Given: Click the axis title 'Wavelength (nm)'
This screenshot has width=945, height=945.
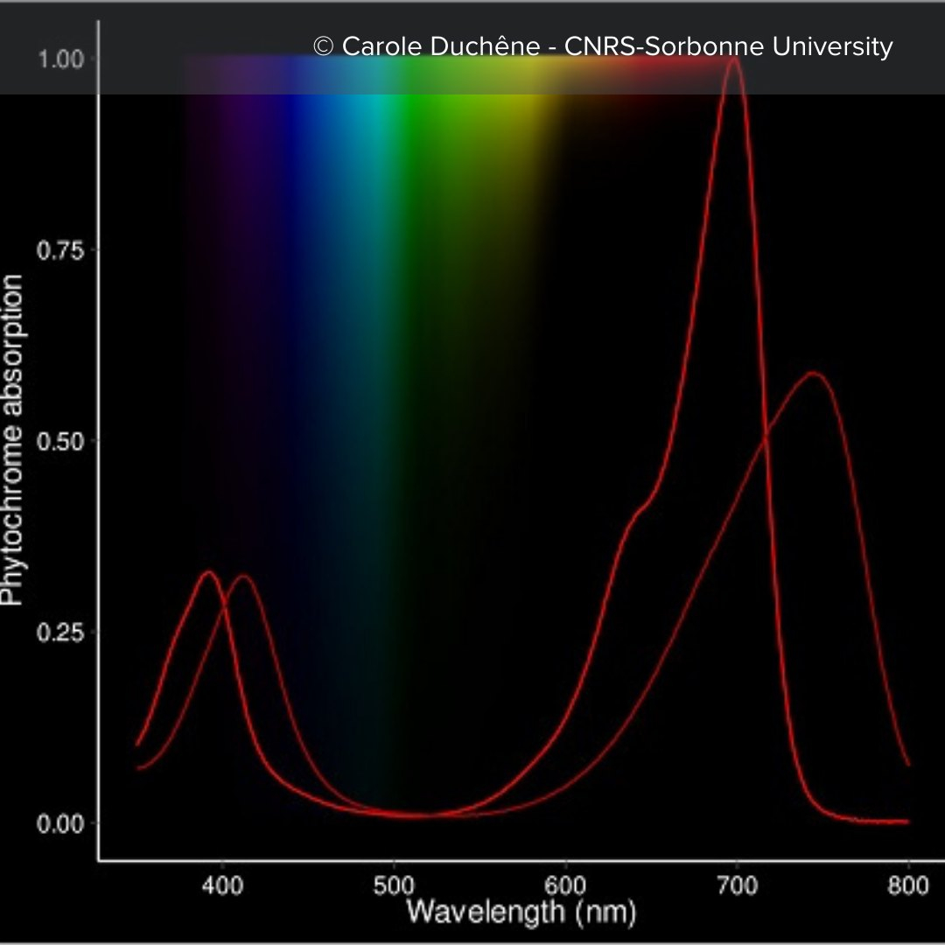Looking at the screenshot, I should [x=521, y=912].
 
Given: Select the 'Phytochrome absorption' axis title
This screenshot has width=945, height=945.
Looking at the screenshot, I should [x=14, y=440].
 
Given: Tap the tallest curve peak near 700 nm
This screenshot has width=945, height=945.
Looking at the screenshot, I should [x=734, y=59].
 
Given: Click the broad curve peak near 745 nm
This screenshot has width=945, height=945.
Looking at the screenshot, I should [x=814, y=374].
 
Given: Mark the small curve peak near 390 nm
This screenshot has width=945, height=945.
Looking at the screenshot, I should [x=208, y=572].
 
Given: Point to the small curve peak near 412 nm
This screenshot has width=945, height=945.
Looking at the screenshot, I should [x=244, y=576].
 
